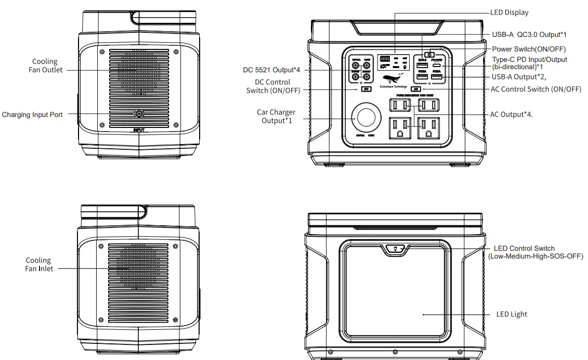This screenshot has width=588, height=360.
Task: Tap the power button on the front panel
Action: click(x=429, y=54)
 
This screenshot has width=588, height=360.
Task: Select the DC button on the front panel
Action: click(x=366, y=89)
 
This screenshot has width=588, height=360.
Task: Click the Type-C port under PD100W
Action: click(x=437, y=66)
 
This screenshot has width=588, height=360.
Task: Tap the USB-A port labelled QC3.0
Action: click(x=422, y=66)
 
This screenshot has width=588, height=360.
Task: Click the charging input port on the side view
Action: click(x=139, y=114)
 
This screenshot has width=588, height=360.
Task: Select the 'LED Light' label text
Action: click(x=511, y=314)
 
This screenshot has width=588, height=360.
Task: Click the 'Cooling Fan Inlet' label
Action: click(x=39, y=264)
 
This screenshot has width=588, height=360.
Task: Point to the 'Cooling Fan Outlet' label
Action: click(x=45, y=66)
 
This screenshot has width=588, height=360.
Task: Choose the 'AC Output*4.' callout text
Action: click(x=512, y=114)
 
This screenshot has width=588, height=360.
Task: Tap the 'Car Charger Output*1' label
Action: click(x=276, y=116)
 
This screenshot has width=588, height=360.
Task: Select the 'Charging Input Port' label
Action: click(x=32, y=114)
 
